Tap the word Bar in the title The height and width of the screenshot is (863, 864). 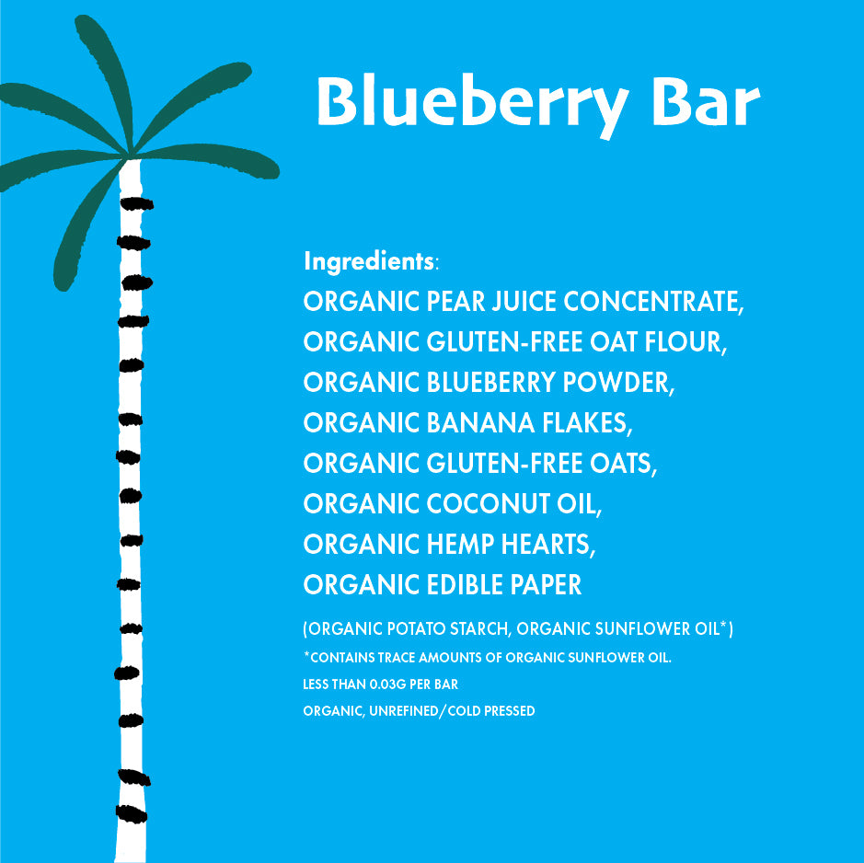(x=705, y=103)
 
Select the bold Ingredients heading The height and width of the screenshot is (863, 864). (x=368, y=261)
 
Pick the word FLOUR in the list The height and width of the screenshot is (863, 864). (x=685, y=342)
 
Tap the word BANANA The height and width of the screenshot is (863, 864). (x=482, y=423)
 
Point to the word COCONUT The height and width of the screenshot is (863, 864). (x=484, y=504)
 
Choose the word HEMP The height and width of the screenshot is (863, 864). (x=460, y=545)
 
